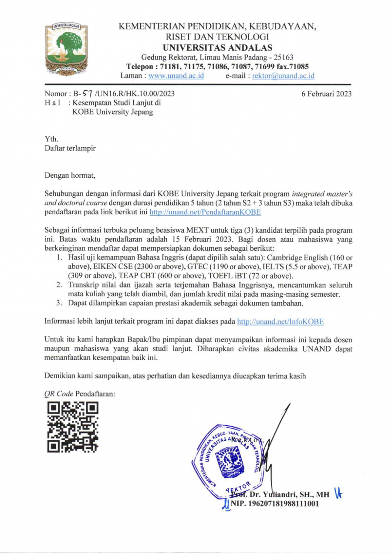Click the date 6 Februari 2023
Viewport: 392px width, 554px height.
[x=326, y=94]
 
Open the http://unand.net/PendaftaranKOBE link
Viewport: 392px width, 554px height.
[x=205, y=212]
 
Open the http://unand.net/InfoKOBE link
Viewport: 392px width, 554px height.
[x=280, y=321]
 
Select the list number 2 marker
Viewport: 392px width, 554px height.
[x=61, y=284]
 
